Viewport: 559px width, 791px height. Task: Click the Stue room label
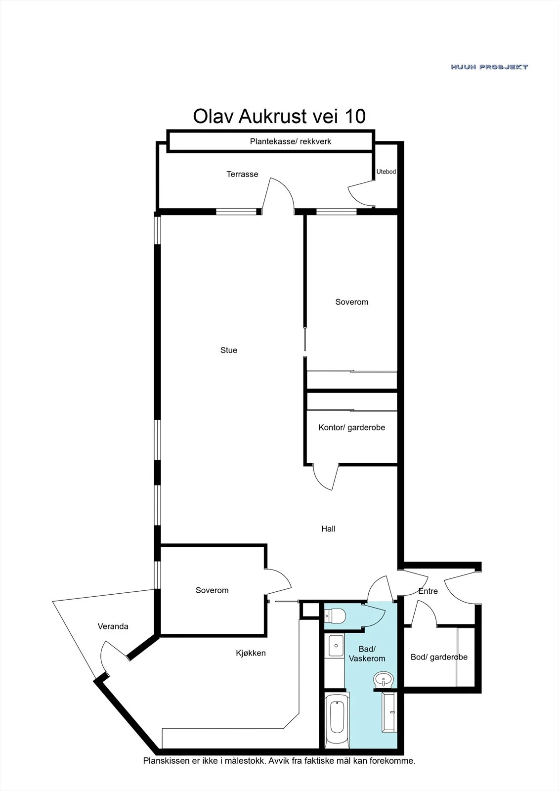[x=229, y=350]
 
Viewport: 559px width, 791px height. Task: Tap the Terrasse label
[x=242, y=174]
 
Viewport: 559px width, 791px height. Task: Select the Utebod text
[x=386, y=172]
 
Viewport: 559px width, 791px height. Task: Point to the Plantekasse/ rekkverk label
[x=290, y=141]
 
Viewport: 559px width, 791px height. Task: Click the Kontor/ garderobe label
[x=352, y=428]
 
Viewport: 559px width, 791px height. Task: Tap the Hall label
[x=328, y=528]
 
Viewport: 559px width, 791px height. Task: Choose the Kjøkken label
[x=251, y=653]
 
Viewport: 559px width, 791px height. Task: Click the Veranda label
[x=113, y=626]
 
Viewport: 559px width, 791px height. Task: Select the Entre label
[x=428, y=591]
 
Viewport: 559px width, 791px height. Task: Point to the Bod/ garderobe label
[x=439, y=657]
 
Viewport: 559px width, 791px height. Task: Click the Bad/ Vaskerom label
[x=367, y=654]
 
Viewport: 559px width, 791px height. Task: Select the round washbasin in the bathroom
[x=384, y=679]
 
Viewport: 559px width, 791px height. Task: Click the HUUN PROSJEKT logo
[x=489, y=67]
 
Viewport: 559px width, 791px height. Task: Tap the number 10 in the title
[x=355, y=116]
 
